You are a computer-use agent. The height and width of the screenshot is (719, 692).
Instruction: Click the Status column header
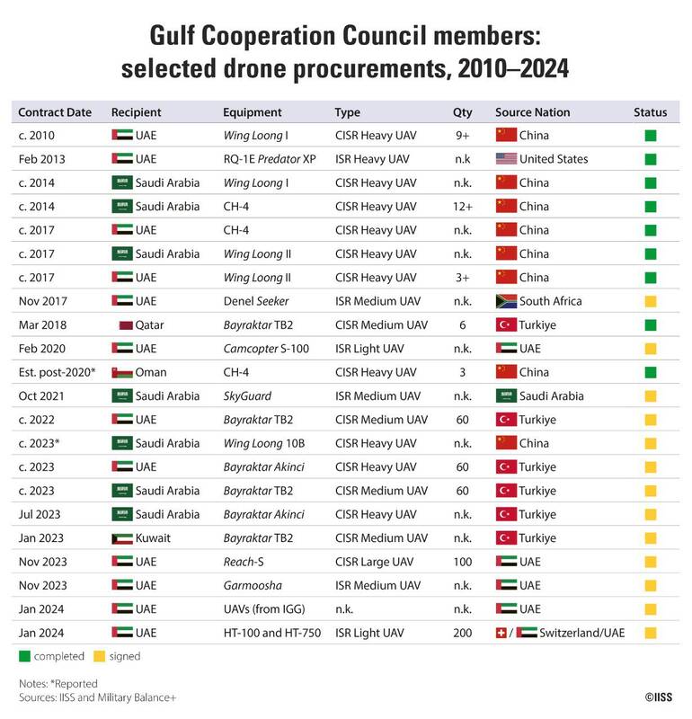click(650, 112)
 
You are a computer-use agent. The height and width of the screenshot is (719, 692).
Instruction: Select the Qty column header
click(462, 112)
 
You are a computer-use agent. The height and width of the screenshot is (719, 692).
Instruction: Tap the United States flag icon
click(506, 159)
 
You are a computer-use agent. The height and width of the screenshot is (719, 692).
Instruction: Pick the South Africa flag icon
click(506, 301)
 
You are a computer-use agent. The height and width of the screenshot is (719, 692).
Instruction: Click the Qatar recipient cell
click(144, 324)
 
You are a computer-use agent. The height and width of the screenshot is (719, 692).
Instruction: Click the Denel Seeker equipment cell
click(257, 301)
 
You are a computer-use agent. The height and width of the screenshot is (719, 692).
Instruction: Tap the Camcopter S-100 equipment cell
click(268, 349)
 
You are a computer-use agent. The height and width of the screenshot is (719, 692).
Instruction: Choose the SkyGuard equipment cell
click(246, 395)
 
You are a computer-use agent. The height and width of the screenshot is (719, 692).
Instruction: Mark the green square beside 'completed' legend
click(23, 657)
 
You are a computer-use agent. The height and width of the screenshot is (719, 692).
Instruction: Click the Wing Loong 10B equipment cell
click(266, 443)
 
